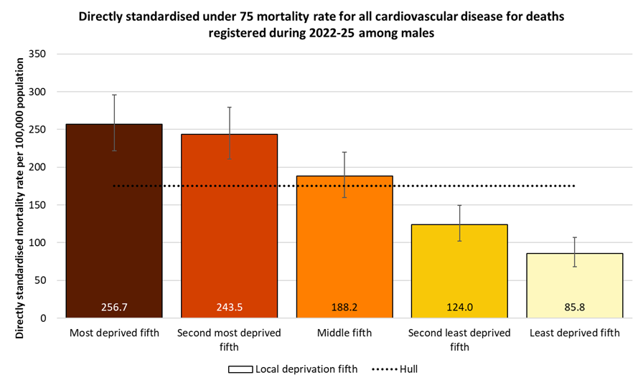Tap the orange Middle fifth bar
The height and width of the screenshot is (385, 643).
[x=344, y=251]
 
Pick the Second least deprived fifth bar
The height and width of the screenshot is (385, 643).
[x=459, y=272]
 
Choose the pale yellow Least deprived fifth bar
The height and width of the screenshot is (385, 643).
[x=575, y=283]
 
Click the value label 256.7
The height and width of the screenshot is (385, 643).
[x=113, y=307]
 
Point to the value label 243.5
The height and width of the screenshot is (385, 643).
[x=229, y=307]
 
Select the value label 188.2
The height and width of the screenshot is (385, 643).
[x=344, y=307]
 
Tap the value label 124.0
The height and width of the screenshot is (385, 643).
[x=459, y=307]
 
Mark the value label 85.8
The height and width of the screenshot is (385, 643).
[x=575, y=307]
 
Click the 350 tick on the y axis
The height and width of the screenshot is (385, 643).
[x=38, y=54]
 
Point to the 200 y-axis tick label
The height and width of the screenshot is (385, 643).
[x=38, y=168]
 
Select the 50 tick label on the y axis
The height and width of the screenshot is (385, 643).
[x=41, y=280]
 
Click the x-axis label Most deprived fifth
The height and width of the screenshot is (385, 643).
[x=113, y=333]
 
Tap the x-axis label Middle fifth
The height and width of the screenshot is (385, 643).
[x=344, y=333]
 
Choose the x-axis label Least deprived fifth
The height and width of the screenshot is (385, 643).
[x=574, y=333]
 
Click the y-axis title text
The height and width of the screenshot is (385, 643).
[x=19, y=186]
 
